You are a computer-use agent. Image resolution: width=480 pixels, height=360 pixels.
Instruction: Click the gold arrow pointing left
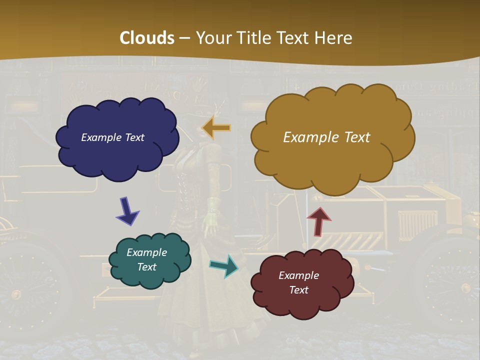(x=216, y=128)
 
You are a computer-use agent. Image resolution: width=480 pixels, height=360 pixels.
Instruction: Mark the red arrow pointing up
(x=318, y=220)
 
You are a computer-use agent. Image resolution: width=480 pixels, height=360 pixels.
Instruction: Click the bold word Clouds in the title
(x=146, y=38)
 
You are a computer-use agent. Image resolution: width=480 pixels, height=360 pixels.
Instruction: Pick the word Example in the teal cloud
(x=146, y=252)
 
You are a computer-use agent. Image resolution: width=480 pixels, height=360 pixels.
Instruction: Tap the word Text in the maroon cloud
(x=298, y=290)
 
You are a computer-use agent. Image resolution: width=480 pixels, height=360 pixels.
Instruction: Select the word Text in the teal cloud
(x=146, y=267)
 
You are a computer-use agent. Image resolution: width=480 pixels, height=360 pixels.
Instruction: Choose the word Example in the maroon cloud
(x=298, y=275)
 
